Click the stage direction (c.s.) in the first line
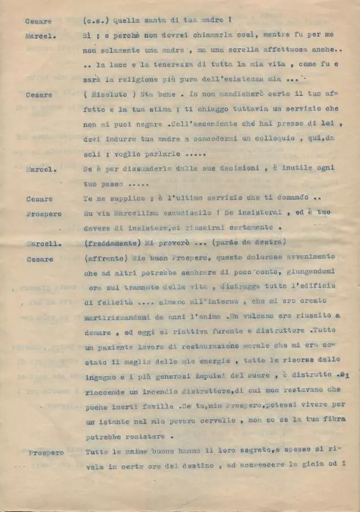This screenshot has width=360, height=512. coord(96,20)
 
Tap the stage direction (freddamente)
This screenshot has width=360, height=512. coord(111,243)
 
